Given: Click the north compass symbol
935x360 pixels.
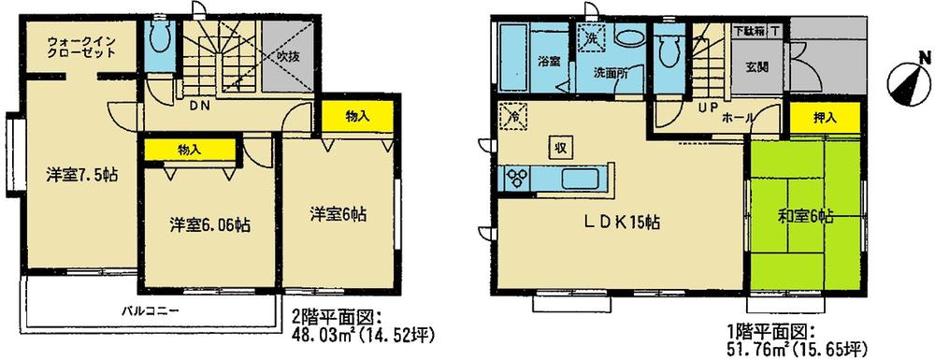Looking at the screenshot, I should [904, 81].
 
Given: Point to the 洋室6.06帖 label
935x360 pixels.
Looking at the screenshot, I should [209, 224].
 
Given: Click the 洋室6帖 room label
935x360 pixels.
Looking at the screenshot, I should [338, 214].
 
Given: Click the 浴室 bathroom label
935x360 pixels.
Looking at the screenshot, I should [549, 64].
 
